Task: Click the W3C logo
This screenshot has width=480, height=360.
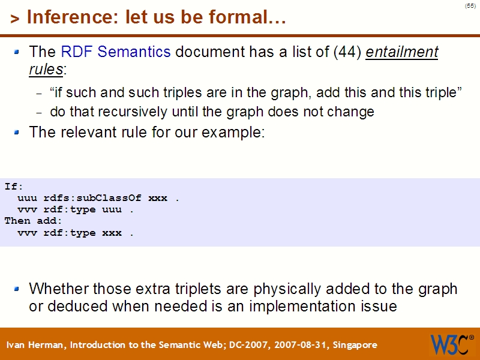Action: coord(451,344)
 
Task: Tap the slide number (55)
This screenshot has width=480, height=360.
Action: coord(470,6)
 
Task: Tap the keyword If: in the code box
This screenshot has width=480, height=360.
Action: coord(14,186)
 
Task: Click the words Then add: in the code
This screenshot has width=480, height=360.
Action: coord(34,221)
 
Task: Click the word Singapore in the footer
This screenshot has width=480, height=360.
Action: coord(354,345)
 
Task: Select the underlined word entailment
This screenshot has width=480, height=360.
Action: coord(402,52)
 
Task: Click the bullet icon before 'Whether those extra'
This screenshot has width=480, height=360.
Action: coord(17,289)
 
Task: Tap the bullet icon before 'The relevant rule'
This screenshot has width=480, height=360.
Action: coord(17,131)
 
